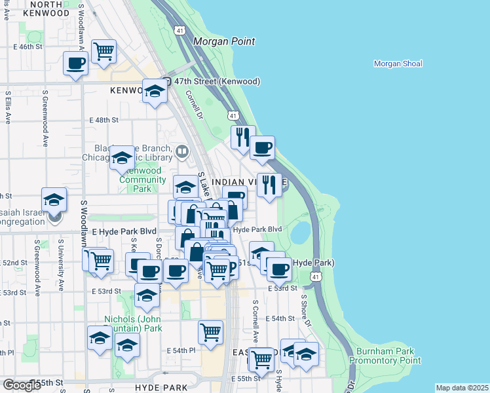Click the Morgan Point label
tap(223, 41)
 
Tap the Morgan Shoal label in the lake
tap(398, 64)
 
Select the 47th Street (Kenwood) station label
tap(212, 81)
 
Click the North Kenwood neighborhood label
tap(37, 9)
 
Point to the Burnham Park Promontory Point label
tap(385, 356)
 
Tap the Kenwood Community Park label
tap(142, 180)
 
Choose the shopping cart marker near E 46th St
tap(104, 50)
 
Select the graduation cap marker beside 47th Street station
tap(155, 91)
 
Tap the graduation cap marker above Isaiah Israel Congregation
tap(54, 199)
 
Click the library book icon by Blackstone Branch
tap(182, 153)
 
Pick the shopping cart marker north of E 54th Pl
tap(210, 331)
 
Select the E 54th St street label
tap(284, 318)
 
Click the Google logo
tap(22, 385)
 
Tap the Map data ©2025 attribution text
tap(462, 388)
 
